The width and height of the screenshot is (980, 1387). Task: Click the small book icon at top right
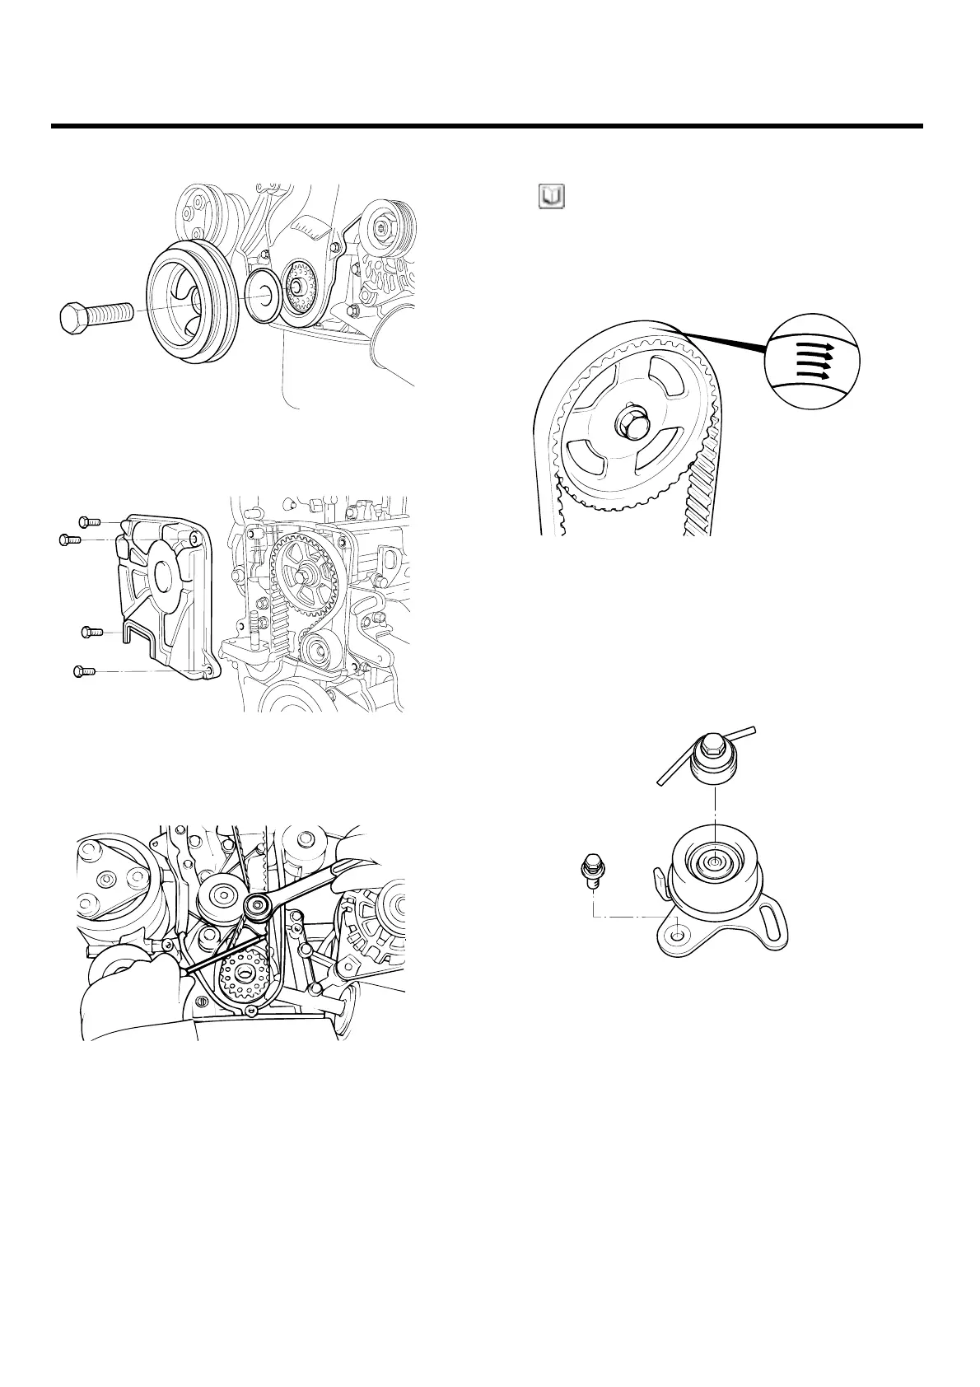(551, 197)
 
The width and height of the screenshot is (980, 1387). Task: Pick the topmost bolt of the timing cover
(89, 521)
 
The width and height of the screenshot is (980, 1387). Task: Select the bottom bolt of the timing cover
(83, 672)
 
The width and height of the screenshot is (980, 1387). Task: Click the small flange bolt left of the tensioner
(591, 870)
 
